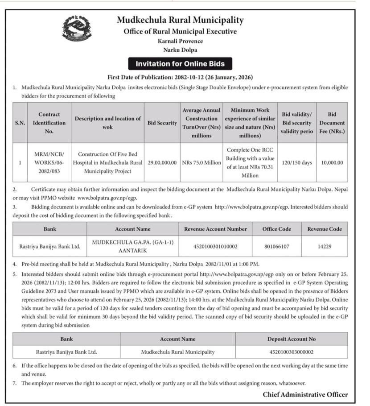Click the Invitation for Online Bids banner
(180, 64)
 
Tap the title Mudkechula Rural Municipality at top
(180, 20)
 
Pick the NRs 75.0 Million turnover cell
(201, 163)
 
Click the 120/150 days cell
(297, 163)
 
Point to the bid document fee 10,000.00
(332, 163)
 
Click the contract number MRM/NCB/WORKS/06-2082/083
(49, 163)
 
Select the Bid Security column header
(162, 123)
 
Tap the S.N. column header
(20, 123)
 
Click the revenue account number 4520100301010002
(215, 246)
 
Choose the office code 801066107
(276, 246)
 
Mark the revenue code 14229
(325, 246)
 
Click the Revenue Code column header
(325, 229)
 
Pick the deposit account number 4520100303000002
(292, 352)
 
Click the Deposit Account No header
(292, 339)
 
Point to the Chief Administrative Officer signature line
(305, 394)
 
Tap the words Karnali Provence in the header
(180, 41)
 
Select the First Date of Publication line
(180, 77)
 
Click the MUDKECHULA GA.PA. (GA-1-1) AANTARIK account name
(132, 246)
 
